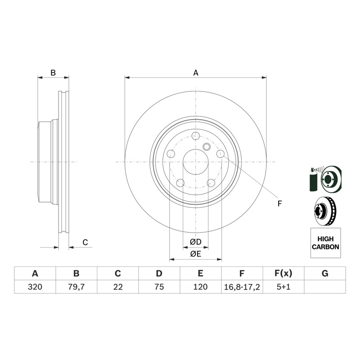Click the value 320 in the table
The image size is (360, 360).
[35, 287]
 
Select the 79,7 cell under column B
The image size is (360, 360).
[76, 287]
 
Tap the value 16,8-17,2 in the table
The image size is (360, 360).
[242, 287]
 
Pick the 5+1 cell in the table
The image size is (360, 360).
[283, 287]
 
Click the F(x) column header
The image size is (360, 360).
[283, 274]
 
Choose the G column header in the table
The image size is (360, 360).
[325, 274]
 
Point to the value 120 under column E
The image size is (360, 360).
[200, 287]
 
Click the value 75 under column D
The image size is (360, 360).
[159, 287]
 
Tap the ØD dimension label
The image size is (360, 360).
[196, 242]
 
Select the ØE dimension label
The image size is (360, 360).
[196, 254]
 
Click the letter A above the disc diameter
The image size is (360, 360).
[196, 73]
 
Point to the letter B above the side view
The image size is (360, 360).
[53, 73]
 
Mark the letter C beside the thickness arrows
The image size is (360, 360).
[85, 242]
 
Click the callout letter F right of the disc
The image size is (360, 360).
[279, 203]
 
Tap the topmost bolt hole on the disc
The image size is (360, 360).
[196, 136]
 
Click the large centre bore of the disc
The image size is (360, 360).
[196, 162]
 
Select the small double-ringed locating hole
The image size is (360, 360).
[207, 147]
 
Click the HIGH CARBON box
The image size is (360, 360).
[325, 243]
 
